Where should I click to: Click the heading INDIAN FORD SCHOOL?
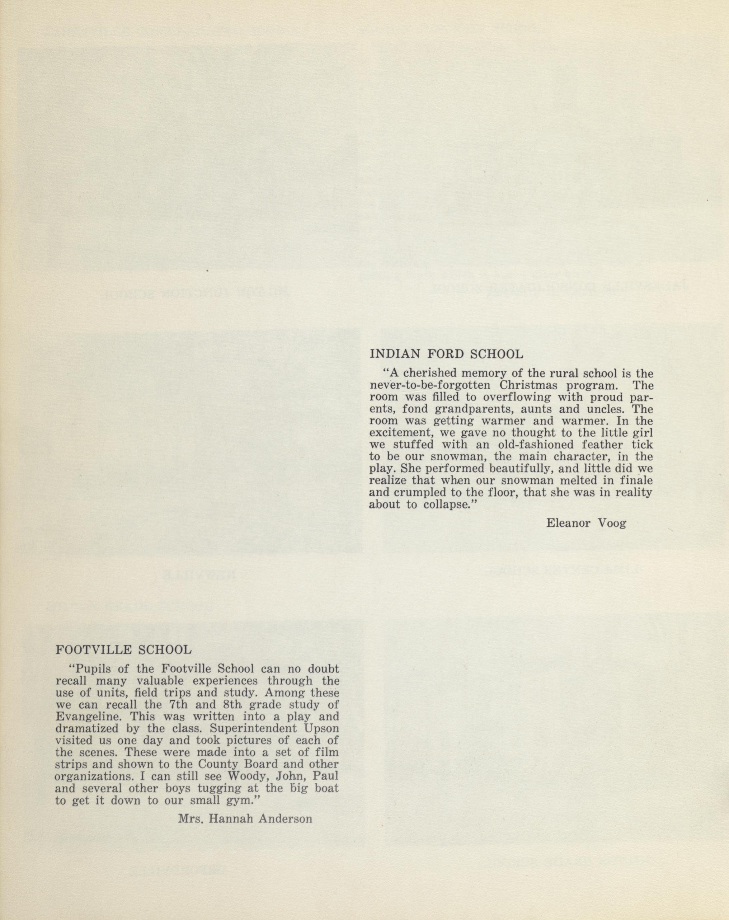coord(446,354)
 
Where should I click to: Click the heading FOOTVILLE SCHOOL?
coord(124,662)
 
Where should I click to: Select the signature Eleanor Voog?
coord(586,523)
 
